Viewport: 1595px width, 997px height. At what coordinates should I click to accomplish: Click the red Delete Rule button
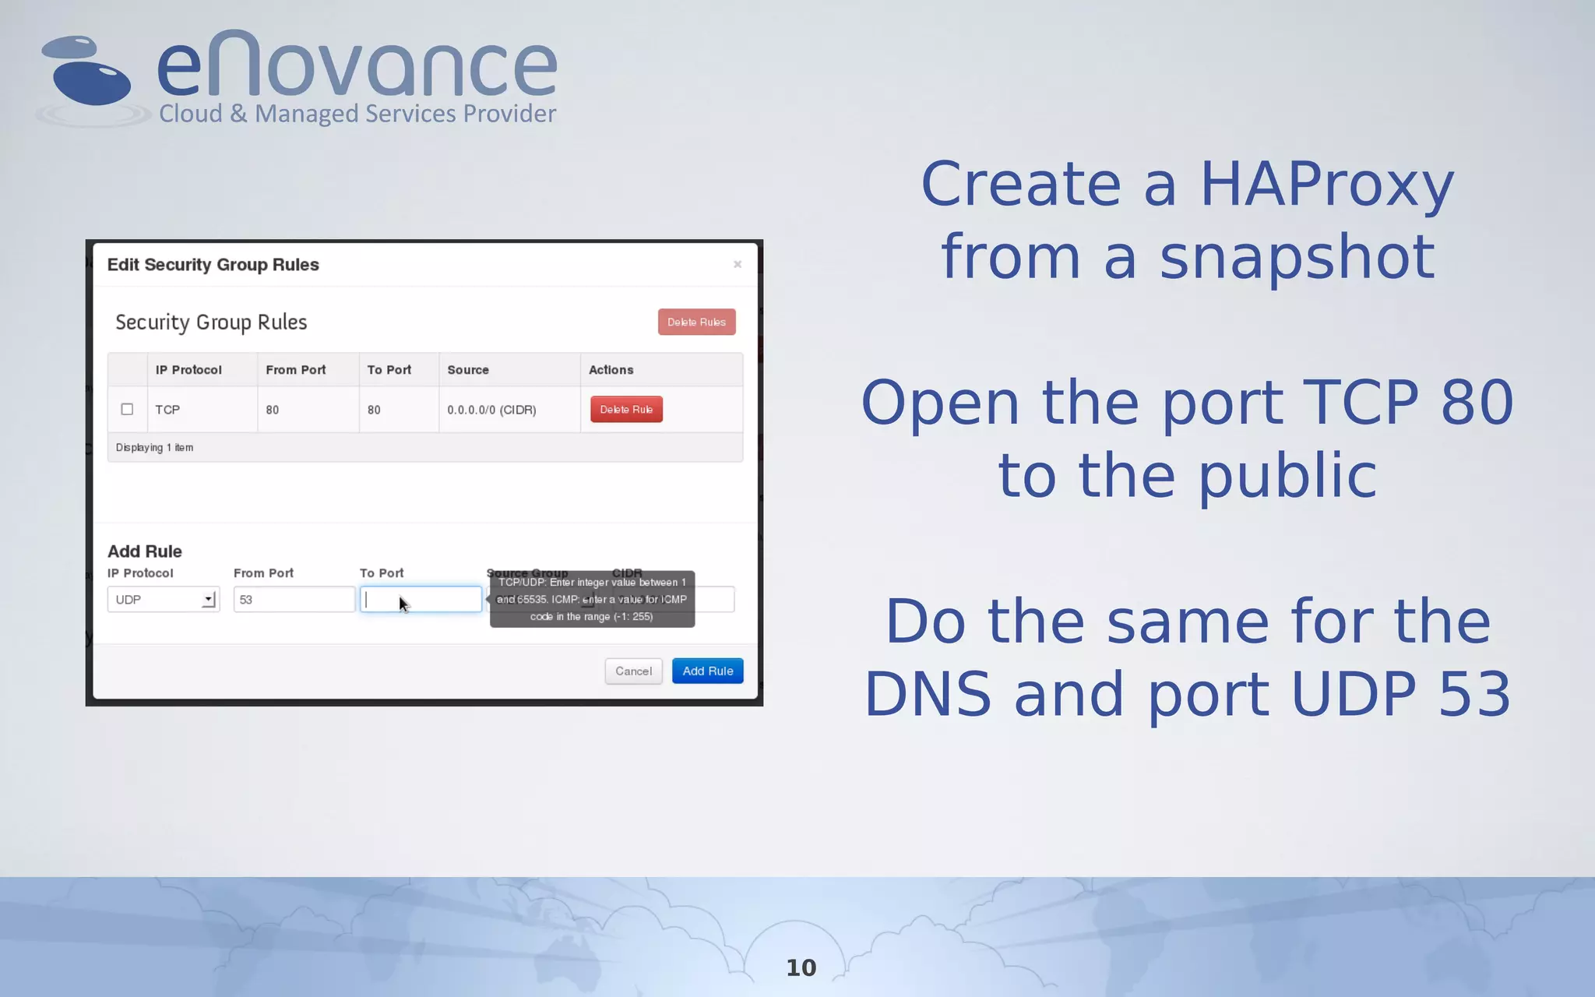coord(626,410)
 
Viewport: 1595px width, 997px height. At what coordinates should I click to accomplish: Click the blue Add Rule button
coord(707,671)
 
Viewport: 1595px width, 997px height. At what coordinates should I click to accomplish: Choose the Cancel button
coord(633,671)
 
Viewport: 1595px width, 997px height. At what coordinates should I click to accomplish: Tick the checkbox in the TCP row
coord(127,410)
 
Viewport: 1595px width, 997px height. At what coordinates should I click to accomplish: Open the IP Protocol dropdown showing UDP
coord(164,600)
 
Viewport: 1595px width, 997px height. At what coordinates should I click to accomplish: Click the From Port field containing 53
coord(294,600)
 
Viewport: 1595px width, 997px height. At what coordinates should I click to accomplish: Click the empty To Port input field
coord(421,600)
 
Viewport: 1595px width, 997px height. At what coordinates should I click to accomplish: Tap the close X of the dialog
coord(738,265)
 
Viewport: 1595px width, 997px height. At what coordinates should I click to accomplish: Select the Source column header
coord(468,370)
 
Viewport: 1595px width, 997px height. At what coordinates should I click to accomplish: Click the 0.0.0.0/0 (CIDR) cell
coord(491,410)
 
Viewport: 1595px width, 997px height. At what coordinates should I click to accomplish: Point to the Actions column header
coord(611,370)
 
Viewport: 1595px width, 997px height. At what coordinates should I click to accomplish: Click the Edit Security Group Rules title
coord(213,265)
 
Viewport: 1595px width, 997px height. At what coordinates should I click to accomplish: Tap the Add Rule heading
coord(145,551)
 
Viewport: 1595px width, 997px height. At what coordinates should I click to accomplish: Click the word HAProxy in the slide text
coord(1326,185)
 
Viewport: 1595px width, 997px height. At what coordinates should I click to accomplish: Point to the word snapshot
coord(1297,257)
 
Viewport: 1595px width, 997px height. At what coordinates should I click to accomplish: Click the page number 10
coord(801,967)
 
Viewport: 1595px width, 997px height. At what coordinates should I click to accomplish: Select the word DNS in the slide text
coord(928,695)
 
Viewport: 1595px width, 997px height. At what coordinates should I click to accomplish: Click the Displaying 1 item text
coord(154,448)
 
